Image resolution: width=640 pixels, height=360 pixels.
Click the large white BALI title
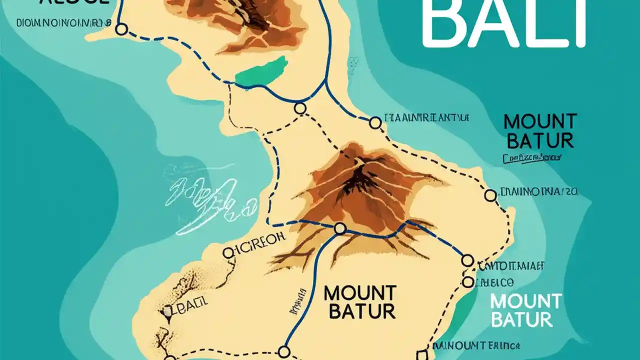point(502,22)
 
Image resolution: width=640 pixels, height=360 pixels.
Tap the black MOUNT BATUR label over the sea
point(540,131)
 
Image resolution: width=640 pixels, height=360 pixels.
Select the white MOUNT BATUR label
point(525,310)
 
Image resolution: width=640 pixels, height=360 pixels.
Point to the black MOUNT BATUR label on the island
point(359,302)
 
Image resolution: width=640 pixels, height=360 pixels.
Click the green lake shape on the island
point(261,71)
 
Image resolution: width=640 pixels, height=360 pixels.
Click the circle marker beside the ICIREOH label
point(228,253)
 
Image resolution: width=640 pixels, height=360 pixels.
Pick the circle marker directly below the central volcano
point(340,228)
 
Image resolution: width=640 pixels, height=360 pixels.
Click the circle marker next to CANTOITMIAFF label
point(467,260)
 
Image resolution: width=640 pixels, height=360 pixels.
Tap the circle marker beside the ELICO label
point(468,282)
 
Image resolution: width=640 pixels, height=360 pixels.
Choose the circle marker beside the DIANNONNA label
point(490,195)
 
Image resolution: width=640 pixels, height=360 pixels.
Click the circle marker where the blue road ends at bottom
point(284,351)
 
